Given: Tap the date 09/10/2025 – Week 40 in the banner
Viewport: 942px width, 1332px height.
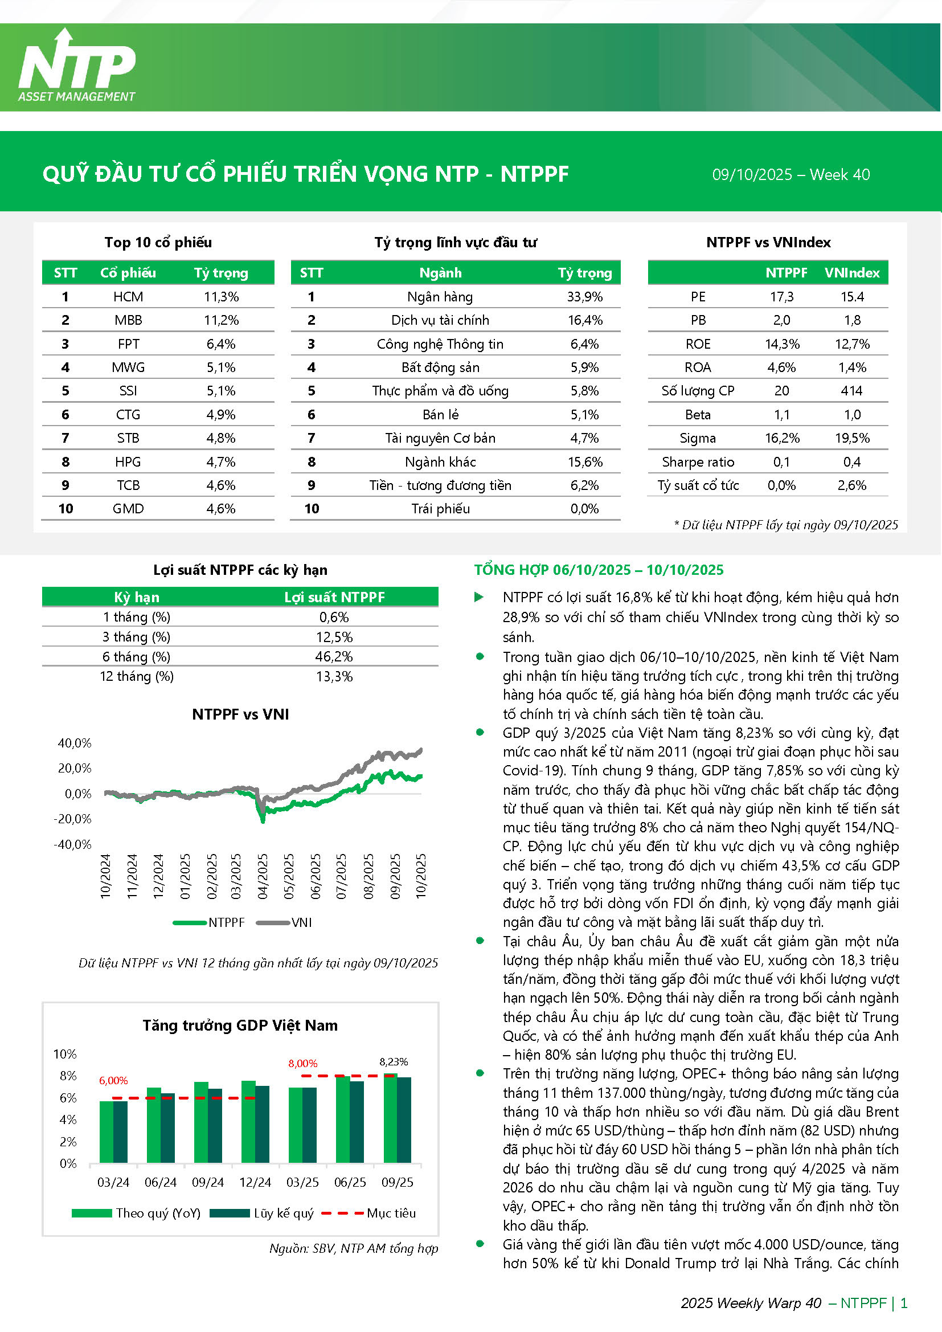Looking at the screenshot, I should click(x=791, y=175).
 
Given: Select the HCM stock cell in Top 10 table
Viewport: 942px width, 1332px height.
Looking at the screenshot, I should click(x=128, y=297).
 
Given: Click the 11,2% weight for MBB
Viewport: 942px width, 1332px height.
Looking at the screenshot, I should click(x=221, y=320).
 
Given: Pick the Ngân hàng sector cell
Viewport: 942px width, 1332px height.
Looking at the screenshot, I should click(x=440, y=297).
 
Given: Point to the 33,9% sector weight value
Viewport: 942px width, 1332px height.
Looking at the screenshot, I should click(x=584, y=297).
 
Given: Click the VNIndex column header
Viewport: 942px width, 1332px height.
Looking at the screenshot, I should click(x=851, y=273).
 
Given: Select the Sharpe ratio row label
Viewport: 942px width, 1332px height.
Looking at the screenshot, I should click(x=698, y=463).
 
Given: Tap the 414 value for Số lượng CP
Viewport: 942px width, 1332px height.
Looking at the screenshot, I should click(x=851, y=391).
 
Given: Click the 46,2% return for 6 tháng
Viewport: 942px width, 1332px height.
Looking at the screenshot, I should click(x=334, y=657).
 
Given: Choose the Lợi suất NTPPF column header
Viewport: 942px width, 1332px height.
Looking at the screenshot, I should click(x=334, y=597).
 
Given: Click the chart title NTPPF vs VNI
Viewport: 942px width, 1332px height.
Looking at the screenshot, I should click(x=240, y=714).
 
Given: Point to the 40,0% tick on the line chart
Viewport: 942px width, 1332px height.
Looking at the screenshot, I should click(x=75, y=743).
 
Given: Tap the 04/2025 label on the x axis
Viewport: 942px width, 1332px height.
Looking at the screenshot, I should click(x=263, y=876).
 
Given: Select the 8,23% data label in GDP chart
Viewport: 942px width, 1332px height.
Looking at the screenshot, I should click(x=394, y=1061).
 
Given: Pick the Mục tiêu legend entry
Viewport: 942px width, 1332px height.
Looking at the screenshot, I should click(x=369, y=1213).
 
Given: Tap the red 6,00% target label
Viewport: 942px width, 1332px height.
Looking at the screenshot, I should click(x=113, y=1080).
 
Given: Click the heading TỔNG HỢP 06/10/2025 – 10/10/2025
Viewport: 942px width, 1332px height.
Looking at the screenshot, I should click(x=599, y=570).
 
